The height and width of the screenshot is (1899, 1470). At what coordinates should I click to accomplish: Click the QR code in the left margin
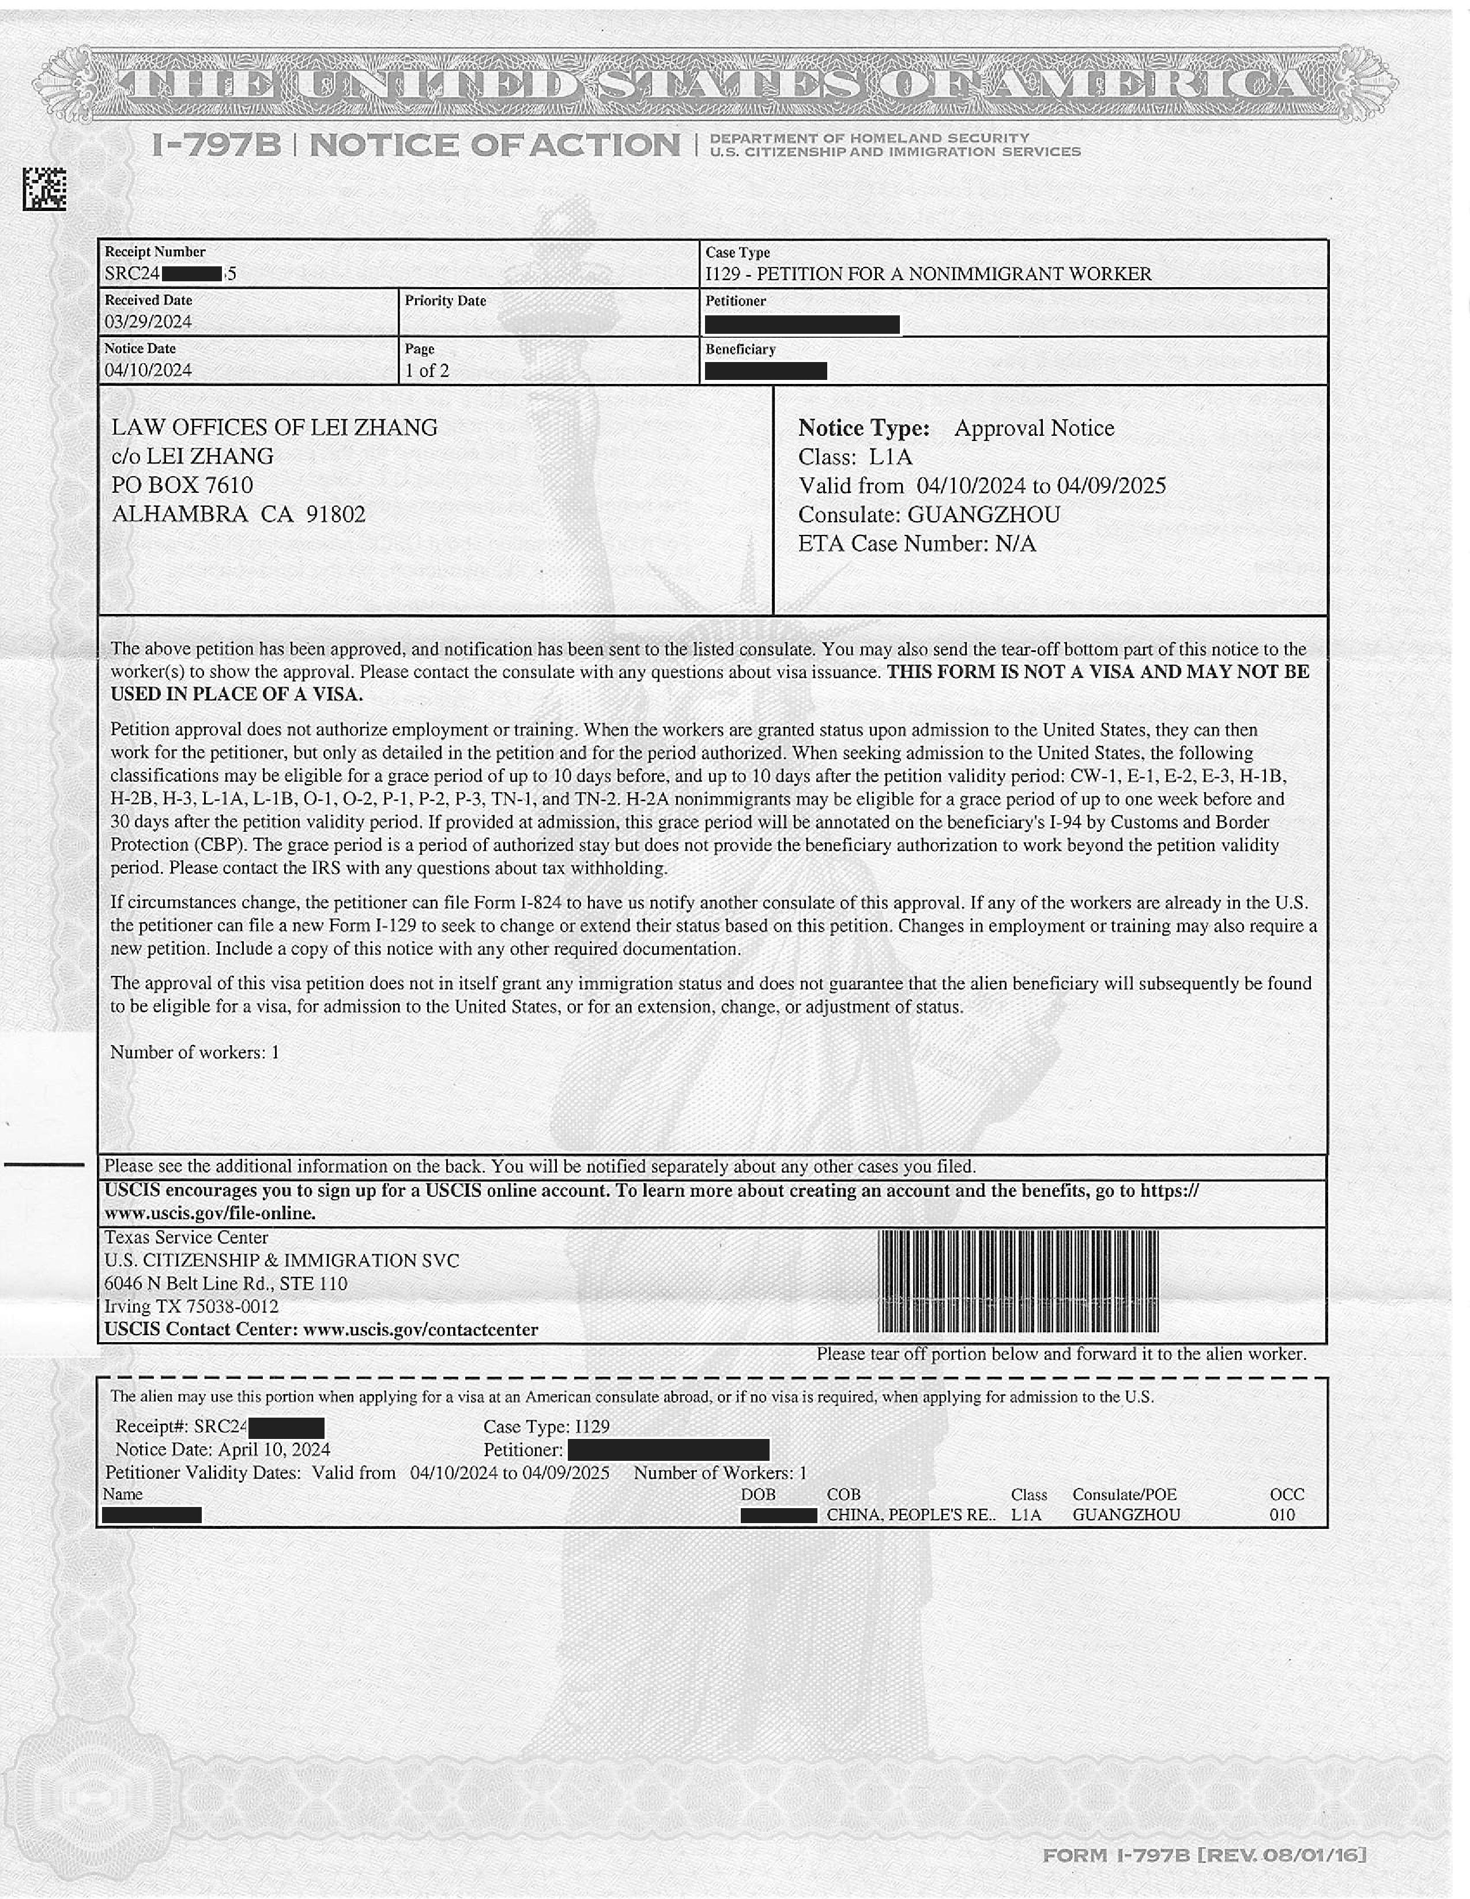[44, 189]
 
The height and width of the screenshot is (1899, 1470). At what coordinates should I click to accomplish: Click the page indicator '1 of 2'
[427, 371]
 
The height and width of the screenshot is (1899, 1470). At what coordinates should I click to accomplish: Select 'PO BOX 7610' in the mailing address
[183, 485]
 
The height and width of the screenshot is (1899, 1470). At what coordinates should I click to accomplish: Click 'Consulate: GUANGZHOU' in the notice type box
[929, 515]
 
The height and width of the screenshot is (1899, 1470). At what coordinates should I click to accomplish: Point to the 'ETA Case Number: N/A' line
[917, 544]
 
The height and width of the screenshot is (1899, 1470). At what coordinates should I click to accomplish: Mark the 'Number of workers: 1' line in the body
[195, 1053]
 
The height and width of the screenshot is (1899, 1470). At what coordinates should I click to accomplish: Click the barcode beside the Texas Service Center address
[1018, 1282]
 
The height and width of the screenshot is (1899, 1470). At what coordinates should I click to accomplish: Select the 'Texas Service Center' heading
[186, 1237]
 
